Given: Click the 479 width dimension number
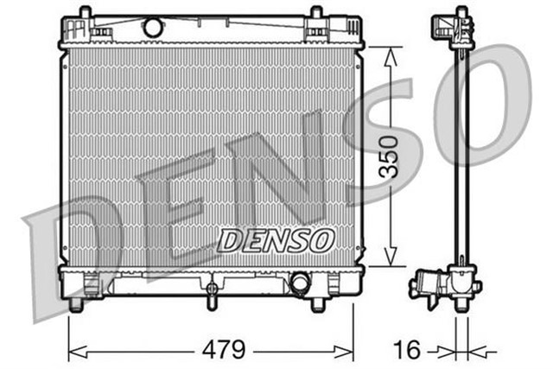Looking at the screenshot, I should click(x=224, y=350).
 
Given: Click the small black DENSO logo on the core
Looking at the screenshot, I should click(x=274, y=240).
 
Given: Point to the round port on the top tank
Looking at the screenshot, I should click(x=153, y=28).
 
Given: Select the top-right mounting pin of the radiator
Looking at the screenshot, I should click(x=316, y=13).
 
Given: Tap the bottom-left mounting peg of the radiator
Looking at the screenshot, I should click(x=76, y=305).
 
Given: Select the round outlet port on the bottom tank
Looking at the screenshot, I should click(x=300, y=283).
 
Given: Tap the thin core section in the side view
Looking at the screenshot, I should click(x=463, y=156).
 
